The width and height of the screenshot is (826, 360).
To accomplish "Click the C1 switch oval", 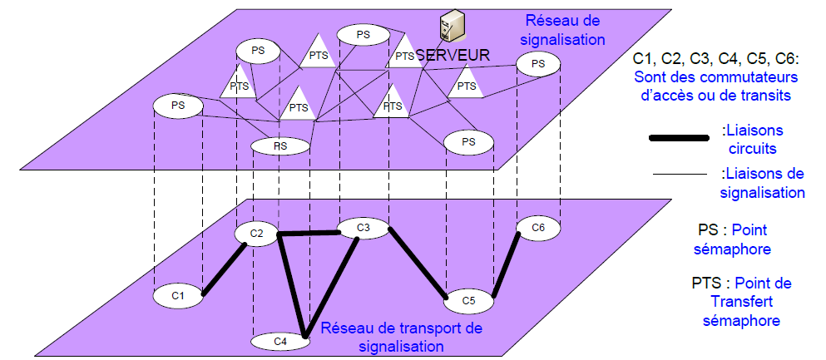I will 176,294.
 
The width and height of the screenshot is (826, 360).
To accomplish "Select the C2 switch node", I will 256,234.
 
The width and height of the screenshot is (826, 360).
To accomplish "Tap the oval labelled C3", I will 363,227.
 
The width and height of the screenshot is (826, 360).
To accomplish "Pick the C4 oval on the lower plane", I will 280,340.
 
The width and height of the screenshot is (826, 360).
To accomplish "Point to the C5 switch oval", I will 468,300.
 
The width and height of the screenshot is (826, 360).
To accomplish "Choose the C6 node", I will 537,227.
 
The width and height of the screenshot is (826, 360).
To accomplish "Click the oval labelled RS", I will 280,146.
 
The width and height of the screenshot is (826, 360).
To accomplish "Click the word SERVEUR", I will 453,54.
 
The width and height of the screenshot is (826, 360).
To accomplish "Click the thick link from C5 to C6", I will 506,264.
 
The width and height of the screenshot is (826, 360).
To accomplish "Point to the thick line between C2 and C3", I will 310,234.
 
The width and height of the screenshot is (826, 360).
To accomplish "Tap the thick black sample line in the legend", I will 680,140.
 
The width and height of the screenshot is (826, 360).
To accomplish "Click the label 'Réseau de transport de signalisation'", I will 402,336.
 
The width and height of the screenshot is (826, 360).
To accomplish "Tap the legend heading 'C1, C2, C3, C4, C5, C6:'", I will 715,59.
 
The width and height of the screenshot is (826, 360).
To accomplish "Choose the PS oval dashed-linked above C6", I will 538,63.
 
